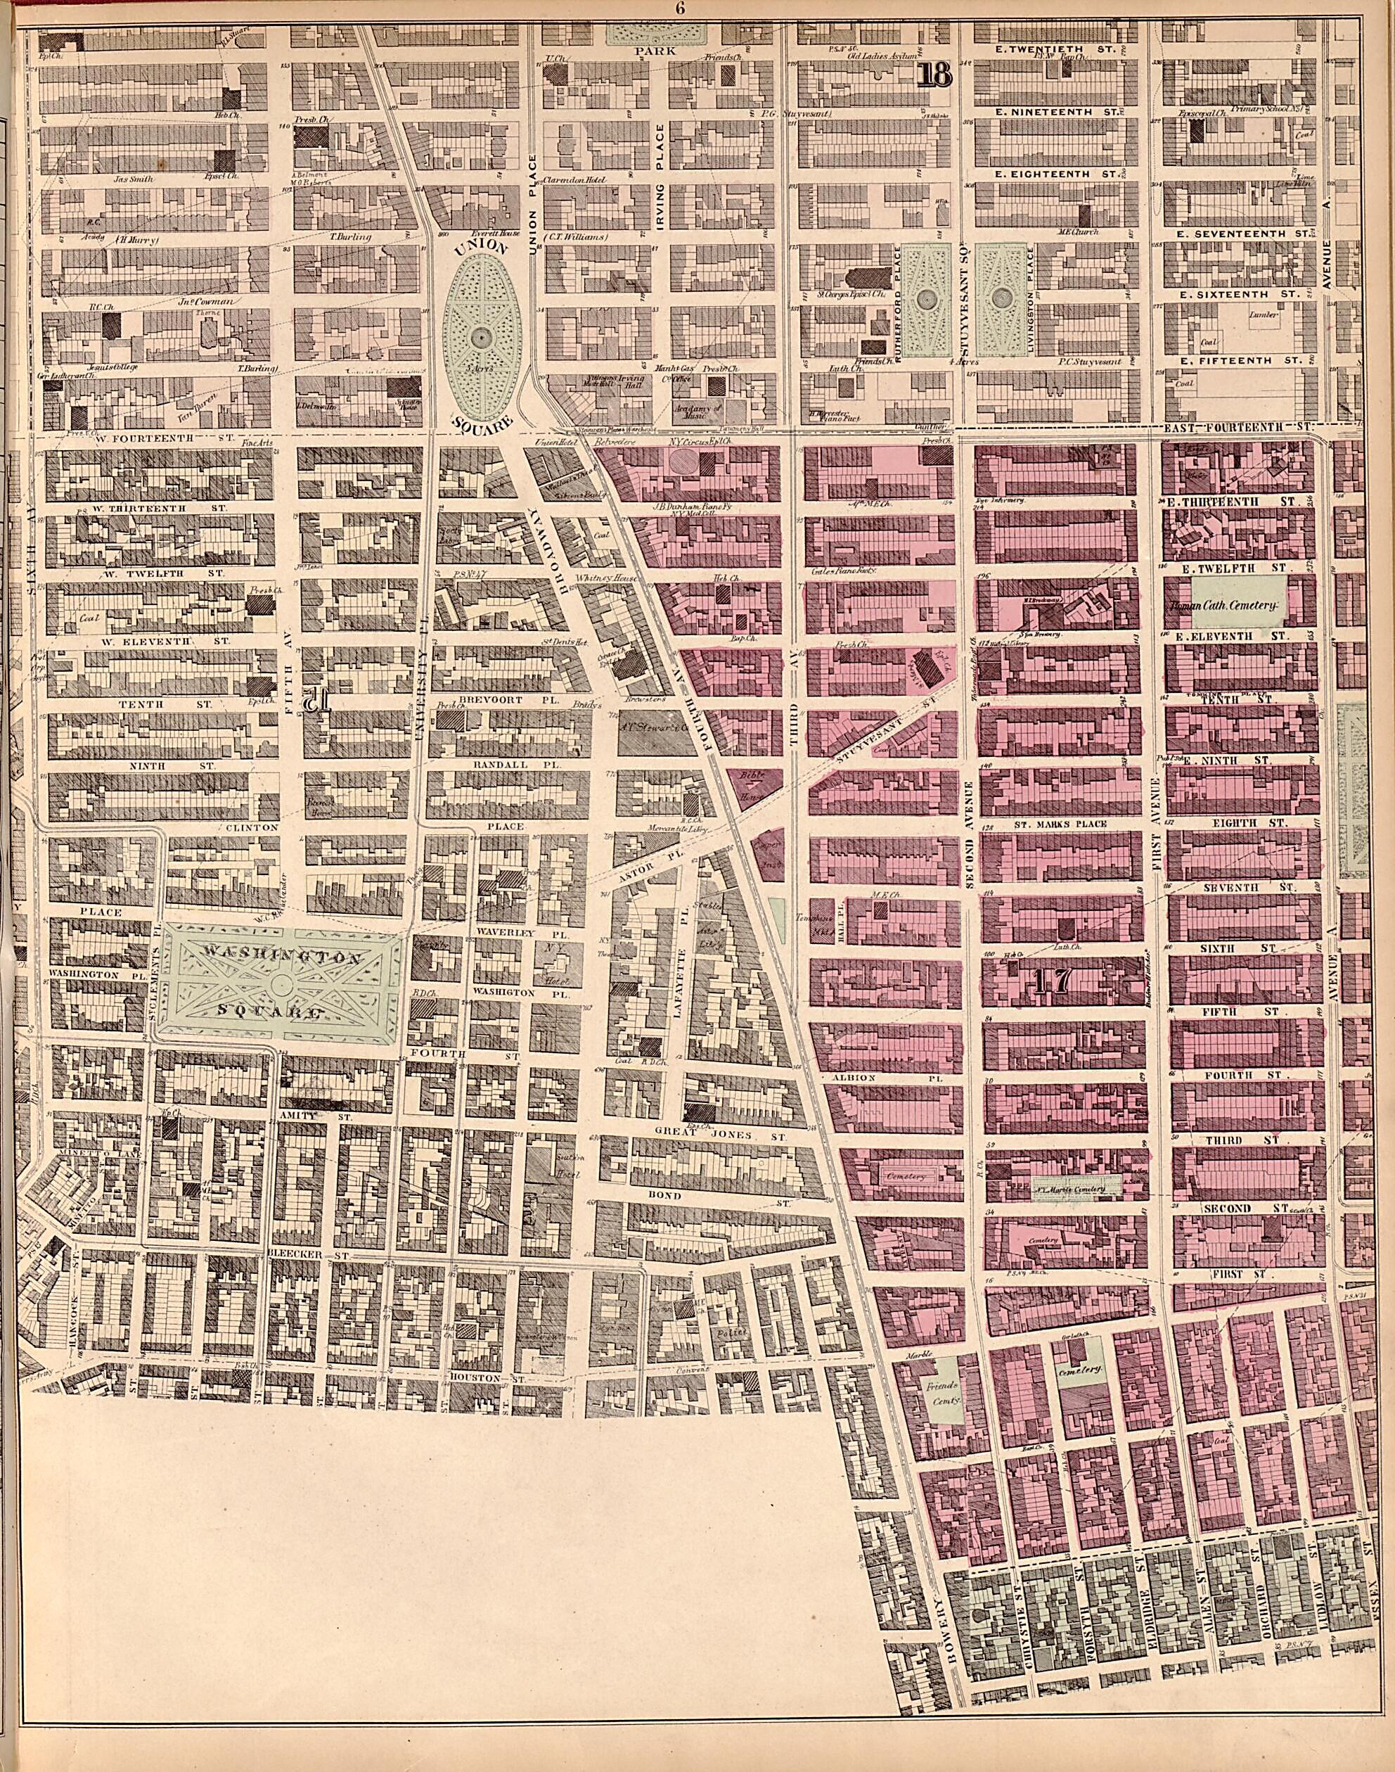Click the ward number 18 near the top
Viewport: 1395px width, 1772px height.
[934, 75]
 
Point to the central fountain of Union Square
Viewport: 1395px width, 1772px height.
[481, 336]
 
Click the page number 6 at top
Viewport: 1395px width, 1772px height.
[679, 9]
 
